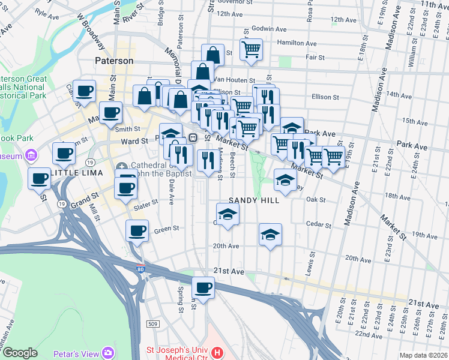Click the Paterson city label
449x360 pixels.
click(114, 61)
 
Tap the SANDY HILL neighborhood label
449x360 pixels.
click(254, 200)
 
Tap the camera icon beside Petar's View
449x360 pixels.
click(108, 353)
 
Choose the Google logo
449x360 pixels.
click(20, 353)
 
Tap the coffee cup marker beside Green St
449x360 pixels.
click(137, 231)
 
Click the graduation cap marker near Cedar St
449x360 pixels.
click(271, 234)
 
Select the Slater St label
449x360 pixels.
click(146, 206)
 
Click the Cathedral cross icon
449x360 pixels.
click(122, 166)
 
